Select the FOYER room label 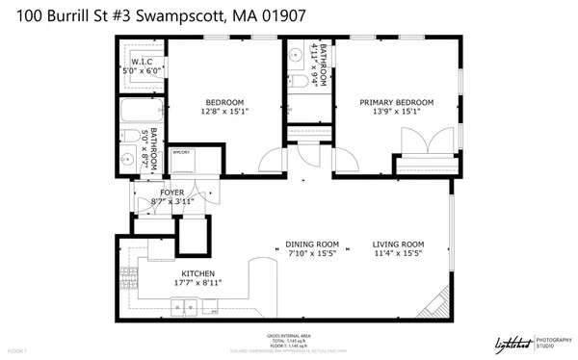(x=172, y=193)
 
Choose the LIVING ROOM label (x=399, y=244)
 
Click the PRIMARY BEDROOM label (x=397, y=102)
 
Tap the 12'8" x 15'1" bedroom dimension (x=224, y=112)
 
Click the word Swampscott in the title (x=176, y=13)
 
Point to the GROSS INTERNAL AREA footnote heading (x=288, y=335)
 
